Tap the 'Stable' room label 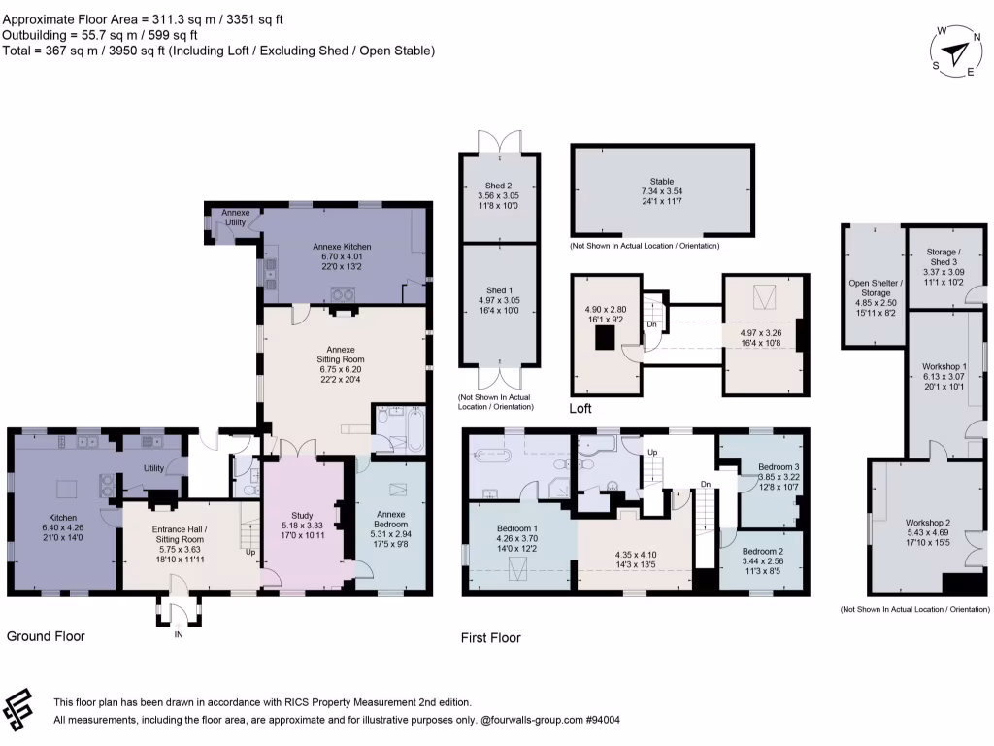(x=662, y=181)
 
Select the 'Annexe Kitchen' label (x=342, y=247)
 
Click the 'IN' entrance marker (x=178, y=634)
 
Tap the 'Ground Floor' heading (x=46, y=637)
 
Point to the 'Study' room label (x=303, y=516)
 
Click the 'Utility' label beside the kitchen (x=153, y=468)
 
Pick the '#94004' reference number (x=602, y=720)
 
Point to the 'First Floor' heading (x=490, y=638)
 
